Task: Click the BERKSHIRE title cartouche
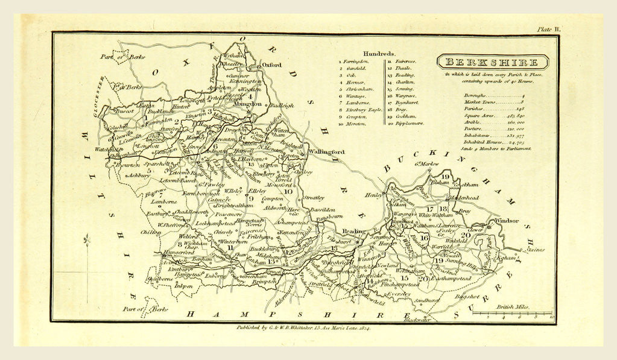point(492,62)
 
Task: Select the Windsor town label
point(505,221)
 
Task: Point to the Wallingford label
point(326,152)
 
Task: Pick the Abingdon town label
point(247,103)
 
